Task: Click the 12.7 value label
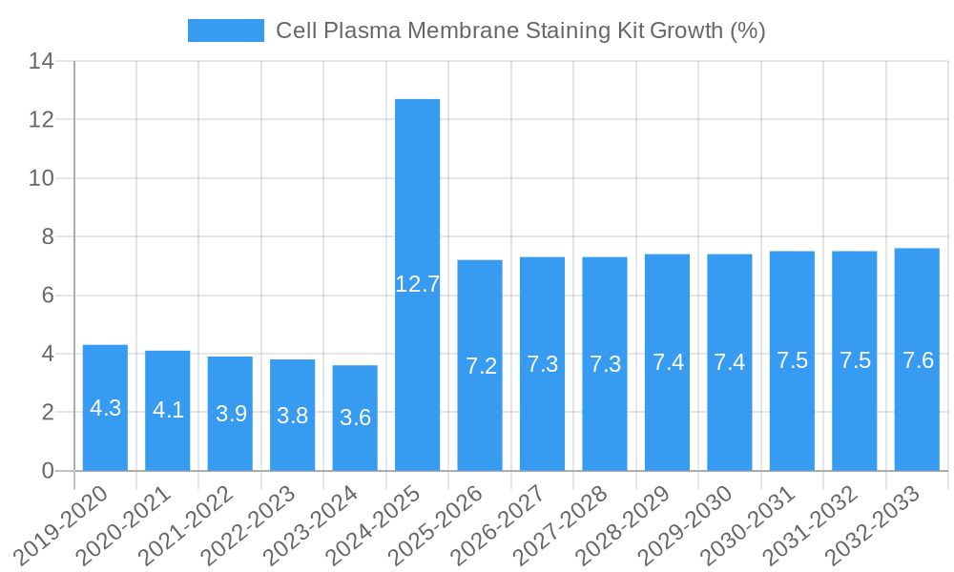(417, 283)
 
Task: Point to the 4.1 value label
(168, 410)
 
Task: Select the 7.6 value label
(917, 360)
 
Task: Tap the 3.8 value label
(292, 416)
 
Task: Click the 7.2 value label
(480, 366)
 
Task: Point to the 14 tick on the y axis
(41, 62)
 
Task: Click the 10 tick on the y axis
(41, 179)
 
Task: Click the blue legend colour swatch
(225, 31)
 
